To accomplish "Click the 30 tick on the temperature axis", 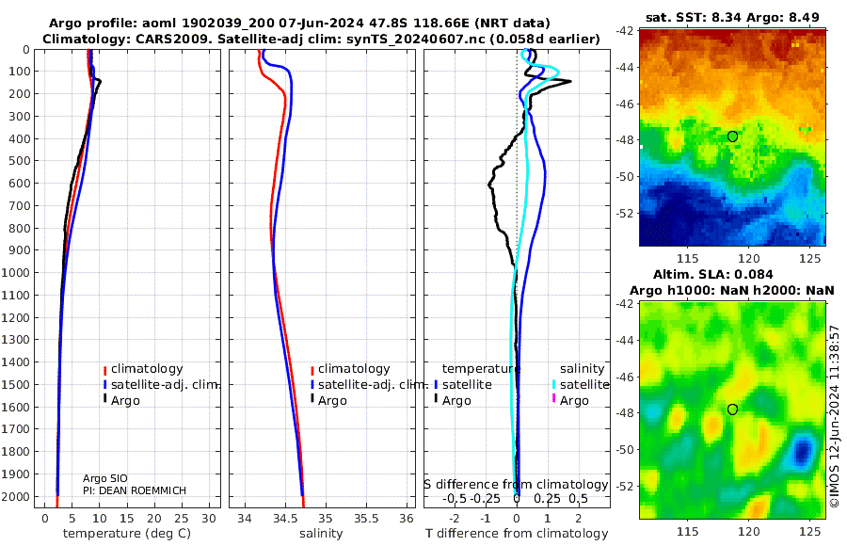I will point(209,518).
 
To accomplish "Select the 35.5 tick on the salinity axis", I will point(365,518).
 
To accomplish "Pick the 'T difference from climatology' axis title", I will point(517,534).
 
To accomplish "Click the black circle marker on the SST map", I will point(732,136).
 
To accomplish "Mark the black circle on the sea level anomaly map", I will point(732,409).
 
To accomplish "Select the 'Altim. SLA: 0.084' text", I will point(731,273).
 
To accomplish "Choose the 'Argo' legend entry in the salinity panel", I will point(333,401).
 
